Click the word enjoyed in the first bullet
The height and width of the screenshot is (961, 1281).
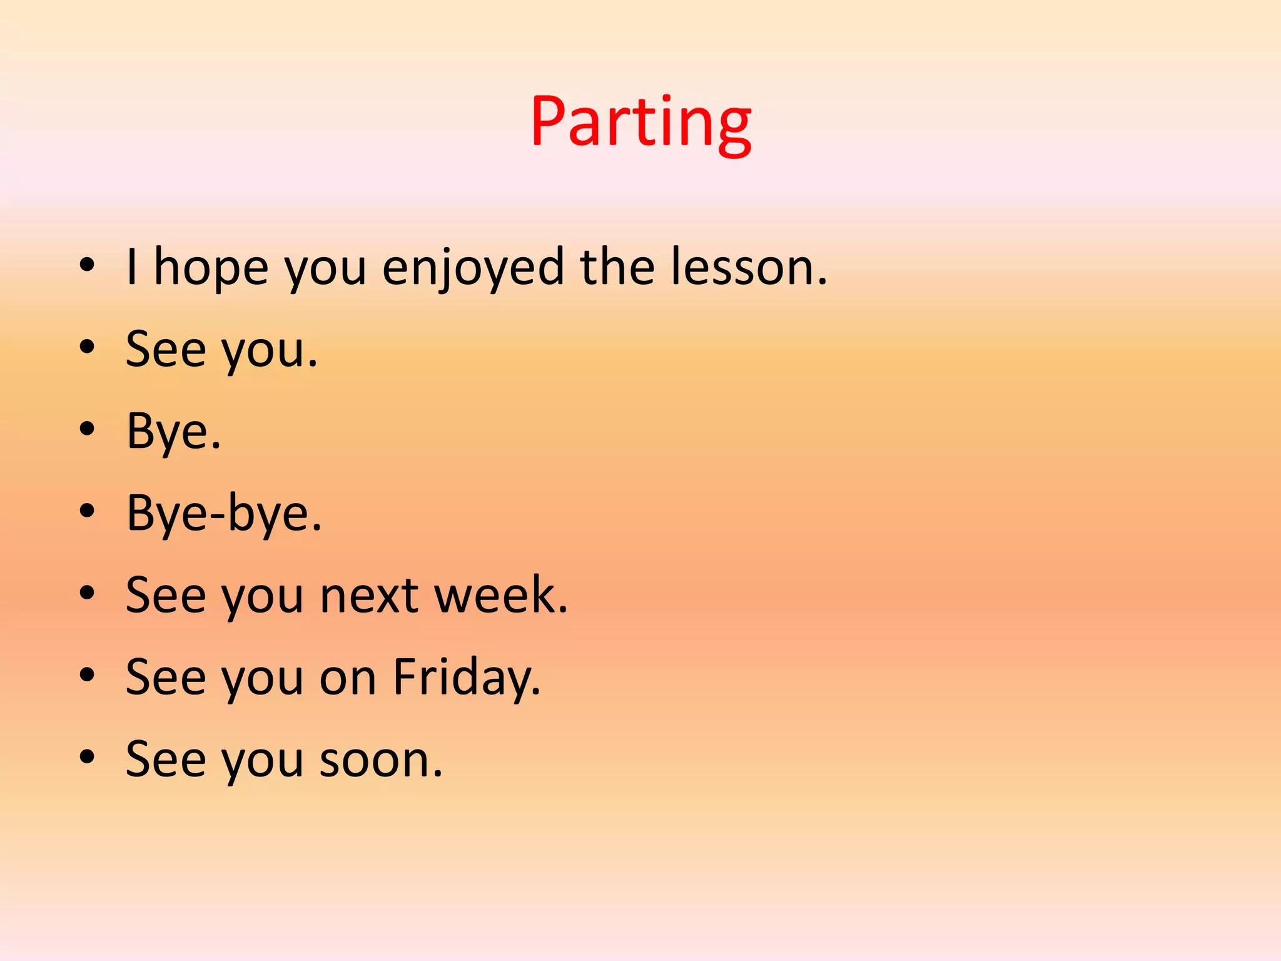473,268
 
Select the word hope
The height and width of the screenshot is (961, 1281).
211,268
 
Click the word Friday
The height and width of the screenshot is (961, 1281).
466,678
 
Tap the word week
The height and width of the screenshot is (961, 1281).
500,595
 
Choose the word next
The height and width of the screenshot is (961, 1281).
368,595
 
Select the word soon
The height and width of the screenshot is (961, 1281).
380,760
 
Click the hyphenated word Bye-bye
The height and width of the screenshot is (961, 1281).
223,514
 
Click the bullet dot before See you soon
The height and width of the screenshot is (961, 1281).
87,757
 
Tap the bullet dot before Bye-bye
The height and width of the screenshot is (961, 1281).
87,511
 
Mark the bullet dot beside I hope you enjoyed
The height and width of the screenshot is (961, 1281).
87,265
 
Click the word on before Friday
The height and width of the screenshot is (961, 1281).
348,678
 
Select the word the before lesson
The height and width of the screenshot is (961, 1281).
617,268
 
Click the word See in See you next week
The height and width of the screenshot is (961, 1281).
166,595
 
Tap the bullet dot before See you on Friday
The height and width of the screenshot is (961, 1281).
87,675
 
